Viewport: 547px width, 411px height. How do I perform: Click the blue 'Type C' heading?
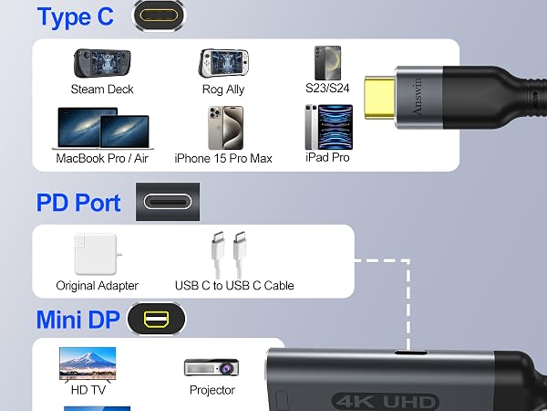[x=76, y=16]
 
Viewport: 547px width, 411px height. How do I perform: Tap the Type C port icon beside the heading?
[x=159, y=16]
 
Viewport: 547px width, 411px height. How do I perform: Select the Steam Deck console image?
[x=102, y=63]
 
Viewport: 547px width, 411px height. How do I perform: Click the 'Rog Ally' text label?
[x=223, y=90]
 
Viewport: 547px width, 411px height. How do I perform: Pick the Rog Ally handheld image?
[x=223, y=63]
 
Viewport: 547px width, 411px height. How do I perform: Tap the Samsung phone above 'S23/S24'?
[x=327, y=63]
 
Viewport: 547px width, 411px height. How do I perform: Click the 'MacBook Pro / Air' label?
[x=102, y=158]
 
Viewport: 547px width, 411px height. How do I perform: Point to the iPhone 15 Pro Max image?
[x=226, y=128]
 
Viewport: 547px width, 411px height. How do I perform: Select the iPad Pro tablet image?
[x=328, y=127]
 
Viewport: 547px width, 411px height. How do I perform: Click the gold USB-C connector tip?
[x=379, y=98]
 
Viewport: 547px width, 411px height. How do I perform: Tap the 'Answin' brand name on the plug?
[x=418, y=97]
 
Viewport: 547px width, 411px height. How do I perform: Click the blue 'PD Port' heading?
[x=78, y=203]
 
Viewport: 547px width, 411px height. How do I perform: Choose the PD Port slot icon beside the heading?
[x=168, y=202]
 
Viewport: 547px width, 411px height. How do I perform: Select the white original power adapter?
[x=97, y=254]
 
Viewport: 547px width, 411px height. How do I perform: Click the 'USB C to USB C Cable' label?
[x=234, y=286]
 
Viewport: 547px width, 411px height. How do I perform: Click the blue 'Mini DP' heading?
[x=78, y=320]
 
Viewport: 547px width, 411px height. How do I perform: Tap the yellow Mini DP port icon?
[x=156, y=319]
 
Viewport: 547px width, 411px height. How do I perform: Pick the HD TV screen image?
[x=88, y=364]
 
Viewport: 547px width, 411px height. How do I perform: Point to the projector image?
[x=212, y=367]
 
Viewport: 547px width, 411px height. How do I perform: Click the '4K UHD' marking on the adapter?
[x=385, y=402]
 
